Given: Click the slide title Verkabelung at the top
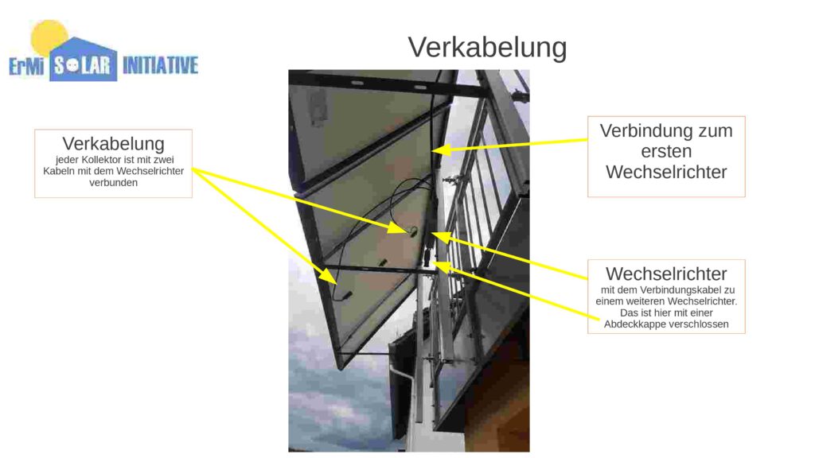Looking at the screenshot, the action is (x=487, y=47).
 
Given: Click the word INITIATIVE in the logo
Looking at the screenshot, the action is (x=160, y=65).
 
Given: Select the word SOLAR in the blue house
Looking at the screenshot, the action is (x=83, y=65).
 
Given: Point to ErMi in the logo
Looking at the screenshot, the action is (x=26, y=66).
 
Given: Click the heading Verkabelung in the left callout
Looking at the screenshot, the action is (x=113, y=143).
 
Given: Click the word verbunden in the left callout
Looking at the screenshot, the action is (x=113, y=182).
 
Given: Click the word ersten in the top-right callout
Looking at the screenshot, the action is (x=666, y=151).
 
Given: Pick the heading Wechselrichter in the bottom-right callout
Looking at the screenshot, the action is (x=666, y=274).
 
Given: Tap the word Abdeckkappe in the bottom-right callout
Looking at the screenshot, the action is (x=634, y=324).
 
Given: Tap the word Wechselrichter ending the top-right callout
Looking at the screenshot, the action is (x=666, y=172).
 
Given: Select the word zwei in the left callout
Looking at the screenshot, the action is (x=163, y=159).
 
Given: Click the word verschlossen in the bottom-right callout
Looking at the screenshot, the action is (x=697, y=324).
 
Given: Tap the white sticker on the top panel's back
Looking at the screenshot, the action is (x=316, y=110).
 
